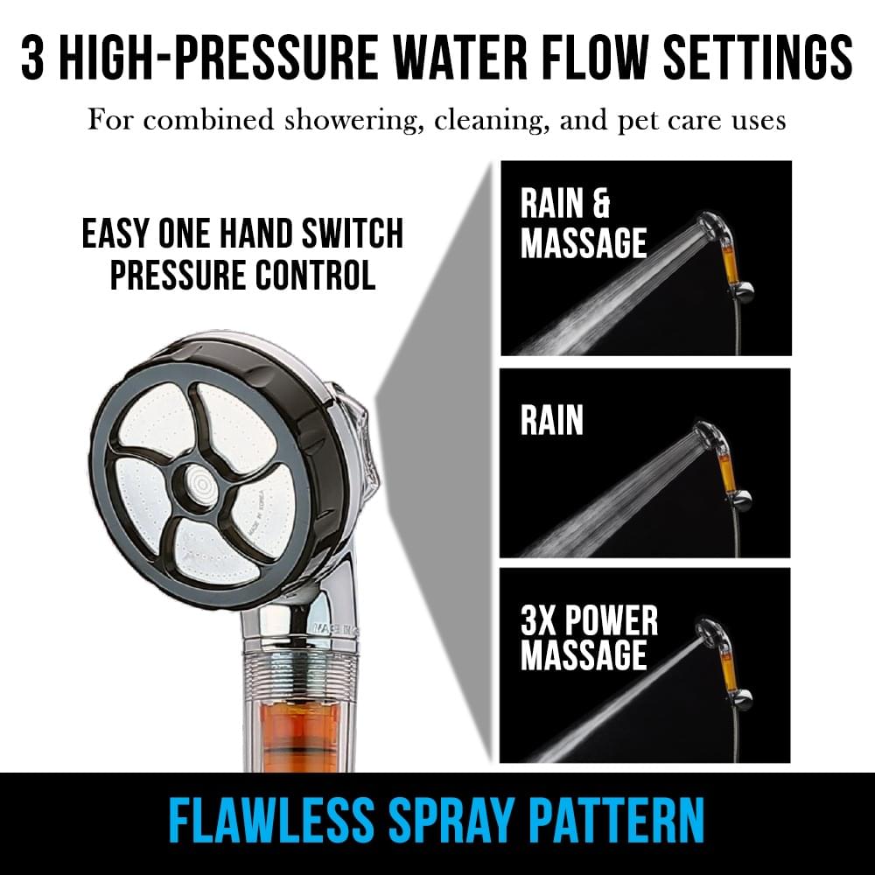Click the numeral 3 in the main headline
coord(32,58)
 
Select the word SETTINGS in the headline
coord(758,58)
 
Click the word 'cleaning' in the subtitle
coord(489,121)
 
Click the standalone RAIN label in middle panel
coord(552,420)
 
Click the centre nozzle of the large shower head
coord(198,482)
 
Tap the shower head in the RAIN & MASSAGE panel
coord(710,228)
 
